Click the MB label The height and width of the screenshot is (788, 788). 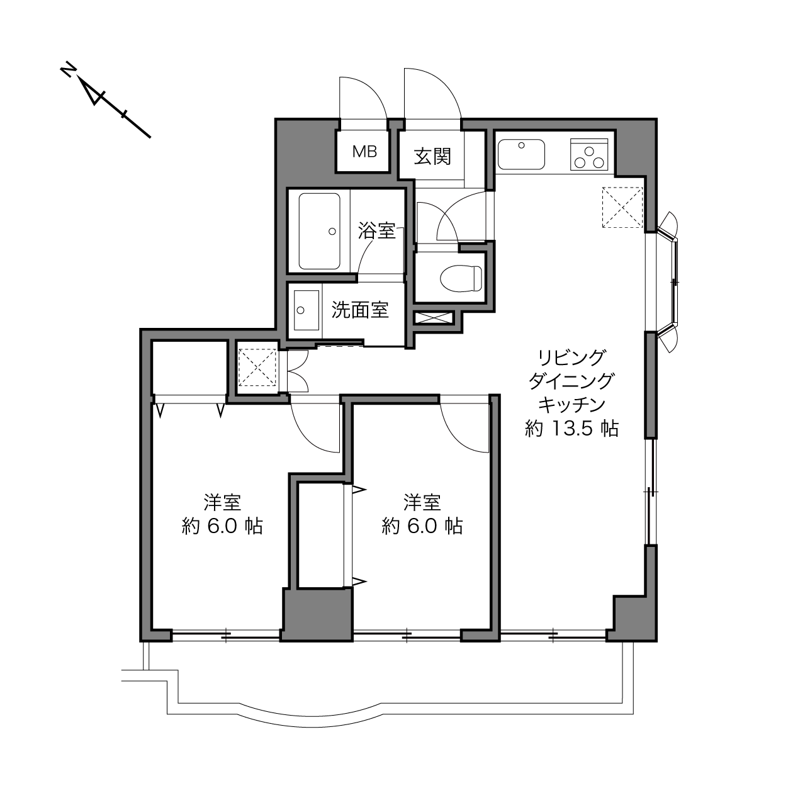point(364,152)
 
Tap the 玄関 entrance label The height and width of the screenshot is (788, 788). point(432,157)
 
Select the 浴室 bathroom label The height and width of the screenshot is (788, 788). point(376,230)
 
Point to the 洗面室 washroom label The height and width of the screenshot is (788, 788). point(360,310)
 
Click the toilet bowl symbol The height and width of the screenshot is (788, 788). point(461,278)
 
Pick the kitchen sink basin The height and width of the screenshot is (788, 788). point(521,154)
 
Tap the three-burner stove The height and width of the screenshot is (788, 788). point(589,155)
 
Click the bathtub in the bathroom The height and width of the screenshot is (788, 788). point(319,231)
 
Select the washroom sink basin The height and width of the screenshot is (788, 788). point(307,310)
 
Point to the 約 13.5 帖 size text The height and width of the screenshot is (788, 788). point(571,429)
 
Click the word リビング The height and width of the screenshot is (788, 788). point(571,358)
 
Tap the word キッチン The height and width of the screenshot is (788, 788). point(571,405)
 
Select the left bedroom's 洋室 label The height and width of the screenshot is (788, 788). point(222,502)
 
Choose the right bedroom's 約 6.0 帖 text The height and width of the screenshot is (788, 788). point(422,526)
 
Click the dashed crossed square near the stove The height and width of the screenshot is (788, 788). point(622,207)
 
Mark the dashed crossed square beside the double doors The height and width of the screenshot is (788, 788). point(257,367)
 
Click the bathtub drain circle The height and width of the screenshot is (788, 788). point(332,232)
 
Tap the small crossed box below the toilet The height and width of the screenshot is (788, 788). point(434,318)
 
